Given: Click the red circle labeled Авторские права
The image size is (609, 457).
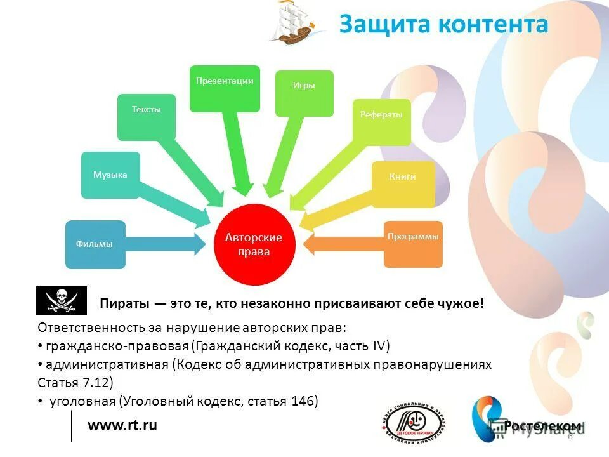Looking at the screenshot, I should tap(253, 244).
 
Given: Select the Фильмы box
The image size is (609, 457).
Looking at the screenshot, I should tap(95, 244).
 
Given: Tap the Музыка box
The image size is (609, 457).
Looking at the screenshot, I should tap(110, 175).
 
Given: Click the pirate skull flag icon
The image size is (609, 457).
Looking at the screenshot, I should tap(61, 300).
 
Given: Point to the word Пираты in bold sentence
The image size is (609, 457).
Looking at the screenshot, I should tap(124, 303).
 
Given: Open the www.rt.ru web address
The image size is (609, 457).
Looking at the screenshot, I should tap(122, 425).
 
